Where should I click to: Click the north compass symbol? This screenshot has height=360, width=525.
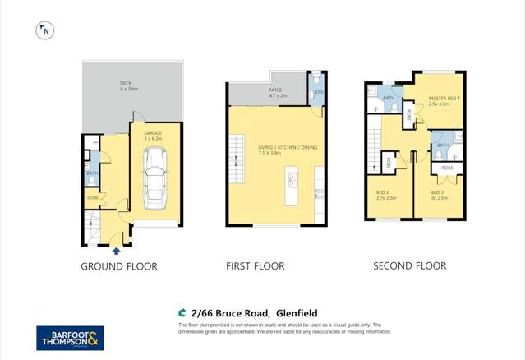44,31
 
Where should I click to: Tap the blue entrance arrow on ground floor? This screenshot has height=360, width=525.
116,251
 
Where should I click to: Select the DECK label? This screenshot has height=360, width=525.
126,85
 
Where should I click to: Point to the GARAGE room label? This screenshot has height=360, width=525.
153,134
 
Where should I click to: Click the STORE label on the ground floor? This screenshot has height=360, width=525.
92,197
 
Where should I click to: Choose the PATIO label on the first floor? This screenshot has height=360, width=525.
277,92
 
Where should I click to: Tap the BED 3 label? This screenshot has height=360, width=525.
436,195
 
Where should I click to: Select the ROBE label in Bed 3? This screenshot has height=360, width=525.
447,168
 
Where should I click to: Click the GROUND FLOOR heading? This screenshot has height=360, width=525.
119,266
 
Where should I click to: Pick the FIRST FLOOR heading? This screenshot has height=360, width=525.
256,266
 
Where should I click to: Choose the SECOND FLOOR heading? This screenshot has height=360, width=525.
409,266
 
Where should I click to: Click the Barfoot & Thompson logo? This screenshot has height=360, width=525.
70,338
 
